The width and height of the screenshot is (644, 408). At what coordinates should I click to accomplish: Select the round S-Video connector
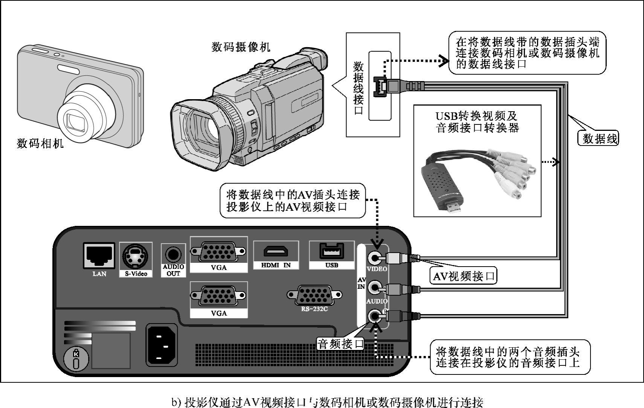136,256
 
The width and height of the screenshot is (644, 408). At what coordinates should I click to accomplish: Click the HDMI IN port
276,252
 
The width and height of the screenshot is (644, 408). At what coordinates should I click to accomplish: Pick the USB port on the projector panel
331,251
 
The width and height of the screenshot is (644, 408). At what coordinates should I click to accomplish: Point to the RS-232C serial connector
314,295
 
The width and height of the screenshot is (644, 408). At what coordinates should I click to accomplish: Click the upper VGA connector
218,251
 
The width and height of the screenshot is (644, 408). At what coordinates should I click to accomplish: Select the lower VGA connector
218,296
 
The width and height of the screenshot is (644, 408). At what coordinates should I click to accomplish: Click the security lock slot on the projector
76,359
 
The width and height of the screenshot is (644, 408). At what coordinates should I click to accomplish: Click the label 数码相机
40,144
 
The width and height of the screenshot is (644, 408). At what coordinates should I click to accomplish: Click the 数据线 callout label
600,138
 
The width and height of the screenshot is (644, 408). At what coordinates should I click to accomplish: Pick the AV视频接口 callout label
464,276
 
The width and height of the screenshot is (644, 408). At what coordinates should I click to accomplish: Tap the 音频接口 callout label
341,344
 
